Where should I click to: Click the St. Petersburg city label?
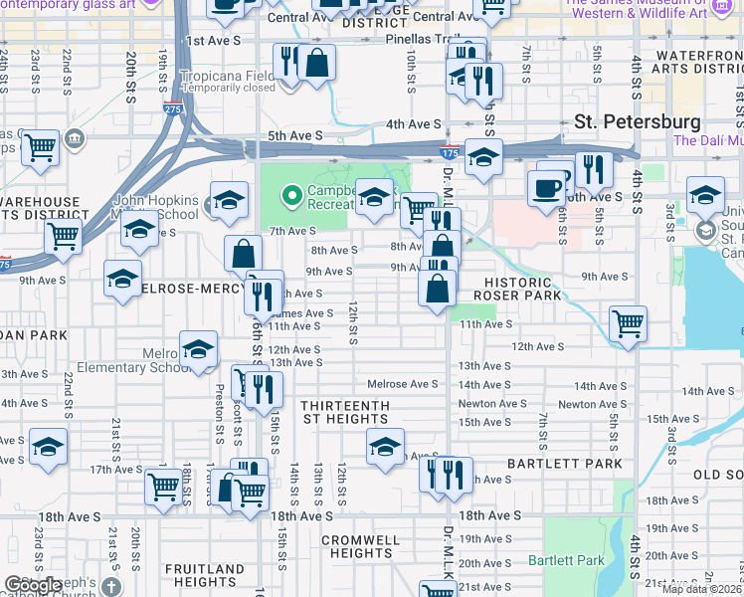click(x=638, y=121)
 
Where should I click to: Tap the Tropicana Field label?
click(x=227, y=76)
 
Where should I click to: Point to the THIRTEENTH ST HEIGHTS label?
click(x=344, y=412)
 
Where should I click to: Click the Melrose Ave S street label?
click(x=403, y=384)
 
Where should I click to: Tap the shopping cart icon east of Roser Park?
click(x=628, y=322)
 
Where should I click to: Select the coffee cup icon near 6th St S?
click(x=545, y=188)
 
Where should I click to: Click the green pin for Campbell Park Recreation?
click(x=291, y=193)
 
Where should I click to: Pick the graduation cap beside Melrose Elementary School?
click(x=198, y=348)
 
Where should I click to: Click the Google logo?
click(x=32, y=586)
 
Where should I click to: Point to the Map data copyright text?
click(x=701, y=589)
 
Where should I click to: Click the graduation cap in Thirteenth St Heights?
click(x=385, y=447)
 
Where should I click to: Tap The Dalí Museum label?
click(x=707, y=140)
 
